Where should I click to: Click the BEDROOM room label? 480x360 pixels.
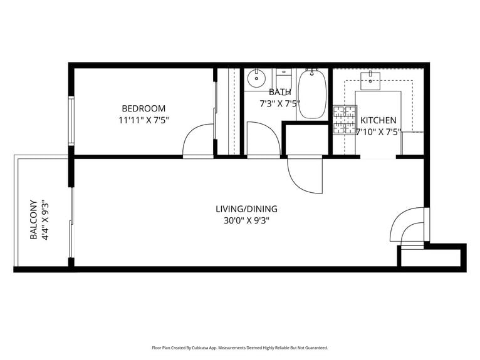coord(143,108)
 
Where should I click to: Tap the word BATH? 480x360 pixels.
coord(279,92)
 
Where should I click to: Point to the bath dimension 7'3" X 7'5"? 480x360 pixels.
coord(279,103)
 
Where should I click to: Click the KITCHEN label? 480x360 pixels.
coord(378,120)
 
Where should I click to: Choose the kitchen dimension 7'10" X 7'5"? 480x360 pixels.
coord(378,131)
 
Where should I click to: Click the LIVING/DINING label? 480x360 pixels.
coord(246,209)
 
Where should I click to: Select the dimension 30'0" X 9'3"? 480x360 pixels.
coord(246,220)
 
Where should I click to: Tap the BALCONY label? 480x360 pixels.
coord(33,220)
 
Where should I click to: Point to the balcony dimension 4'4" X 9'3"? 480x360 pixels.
coord(44,220)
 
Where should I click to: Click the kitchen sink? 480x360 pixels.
coord(372,78)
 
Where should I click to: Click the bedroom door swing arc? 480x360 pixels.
coord(198,140)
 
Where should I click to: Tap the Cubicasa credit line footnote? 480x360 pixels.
coord(240,347)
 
